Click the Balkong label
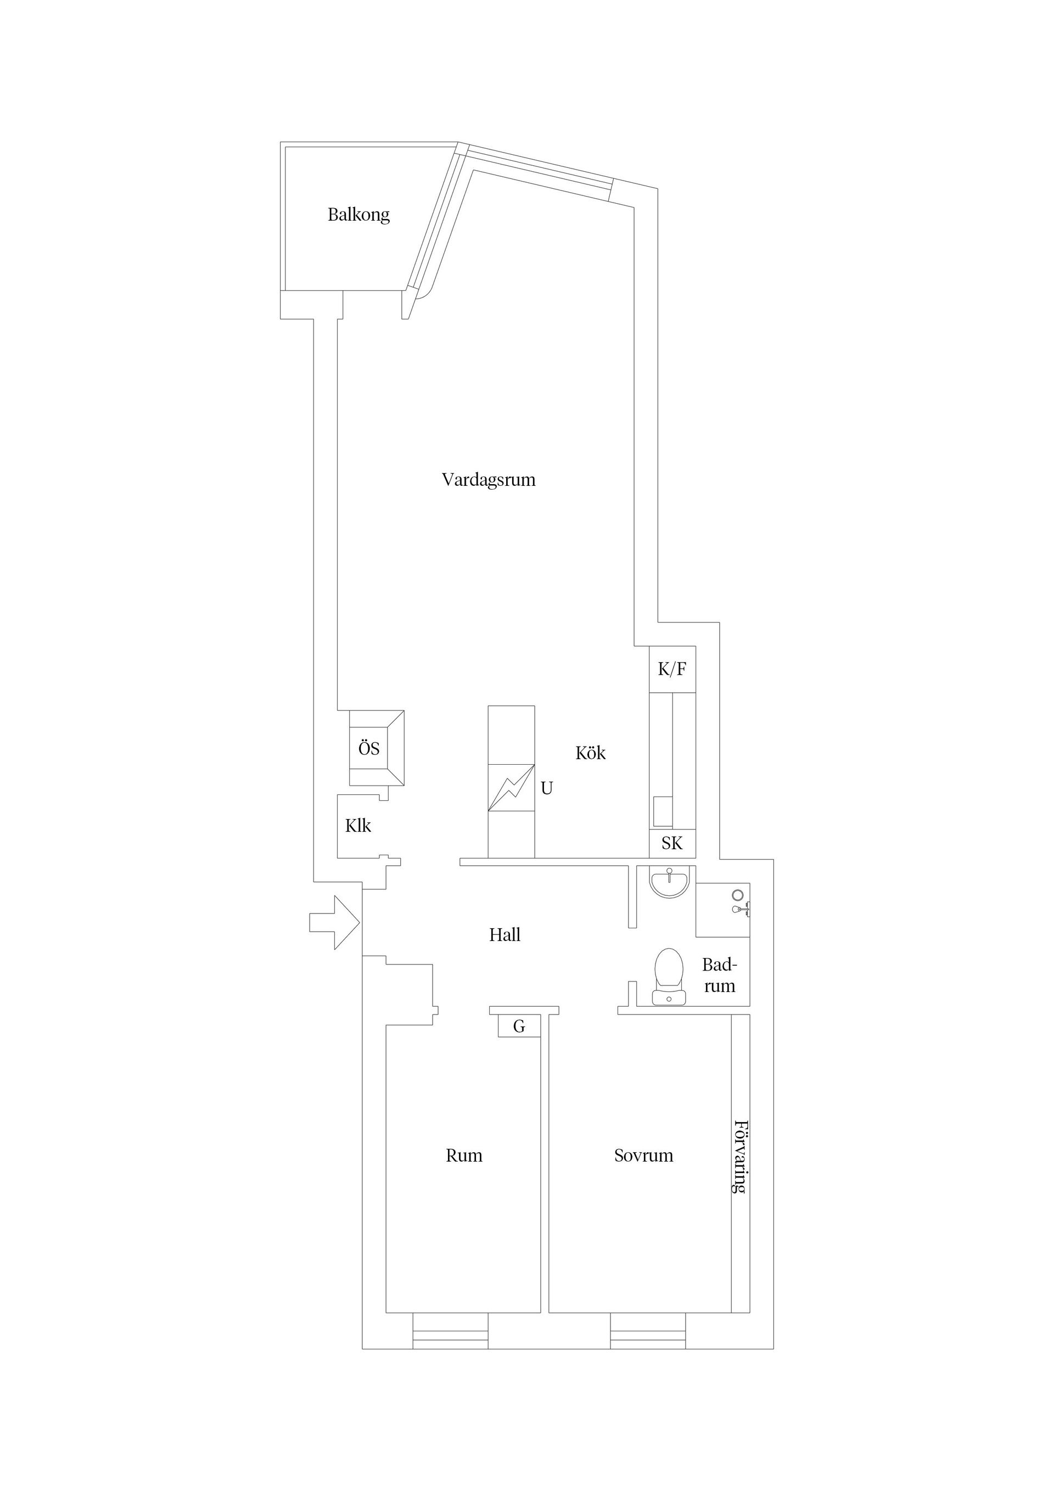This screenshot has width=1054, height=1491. (x=358, y=215)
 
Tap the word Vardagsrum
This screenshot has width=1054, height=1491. (x=489, y=480)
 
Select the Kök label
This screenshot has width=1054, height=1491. (x=590, y=753)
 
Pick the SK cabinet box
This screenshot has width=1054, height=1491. (x=672, y=844)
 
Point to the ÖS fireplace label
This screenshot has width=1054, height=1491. (x=369, y=748)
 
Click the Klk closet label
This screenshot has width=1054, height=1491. (x=358, y=826)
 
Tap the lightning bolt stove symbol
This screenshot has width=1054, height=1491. (x=512, y=788)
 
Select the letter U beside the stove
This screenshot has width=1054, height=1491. (x=547, y=788)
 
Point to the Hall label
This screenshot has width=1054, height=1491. (x=504, y=935)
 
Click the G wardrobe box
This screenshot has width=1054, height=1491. (x=519, y=1027)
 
